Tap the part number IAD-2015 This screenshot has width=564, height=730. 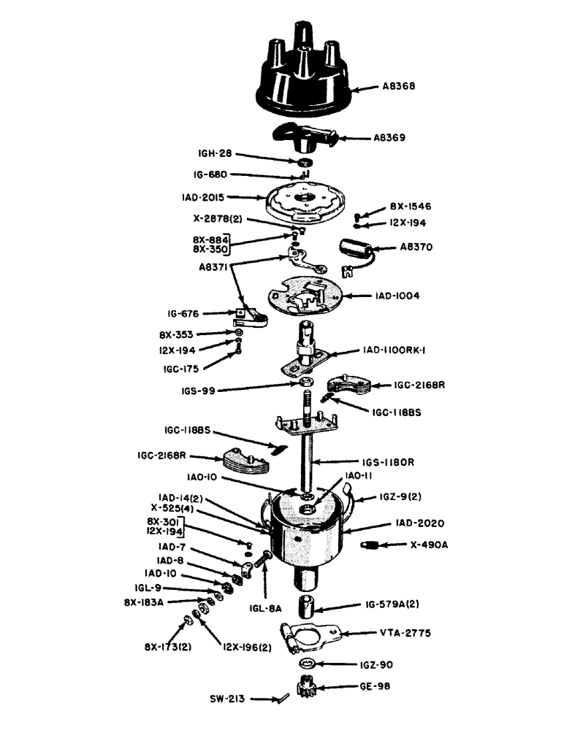pyautogui.click(x=205, y=197)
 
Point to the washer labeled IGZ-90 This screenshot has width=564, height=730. pyautogui.click(x=309, y=664)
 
